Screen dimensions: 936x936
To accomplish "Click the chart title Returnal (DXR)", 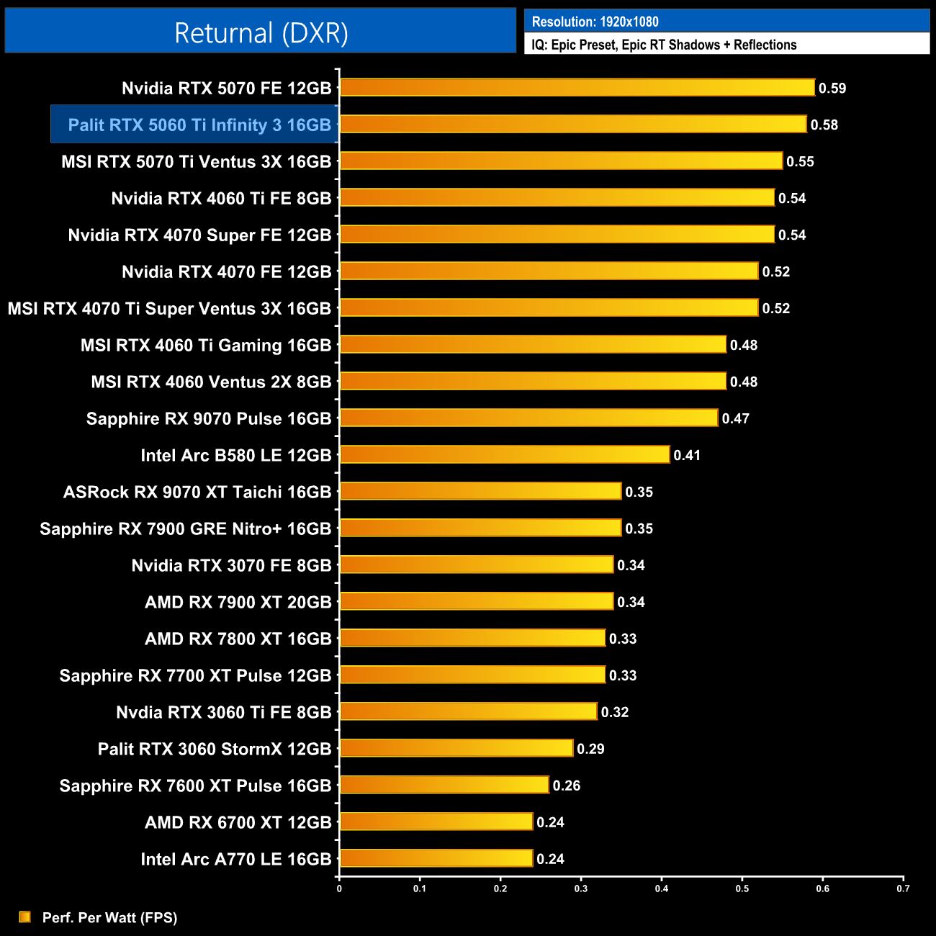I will pos(261,33).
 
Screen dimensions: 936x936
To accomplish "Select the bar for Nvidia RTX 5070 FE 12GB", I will pos(577,88).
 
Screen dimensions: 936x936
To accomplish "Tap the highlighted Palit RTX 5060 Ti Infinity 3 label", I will pos(199,125).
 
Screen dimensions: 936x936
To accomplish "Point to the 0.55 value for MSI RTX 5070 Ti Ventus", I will pos(800,162).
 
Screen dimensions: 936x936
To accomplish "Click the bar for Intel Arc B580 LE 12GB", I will pos(504,455).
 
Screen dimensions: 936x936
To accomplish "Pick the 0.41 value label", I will pos(687,456).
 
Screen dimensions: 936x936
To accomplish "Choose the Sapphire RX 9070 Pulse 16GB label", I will pos(209,419).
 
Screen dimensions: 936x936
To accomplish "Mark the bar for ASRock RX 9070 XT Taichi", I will pos(480,492).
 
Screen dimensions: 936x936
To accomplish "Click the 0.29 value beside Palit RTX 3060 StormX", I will pos(590,750).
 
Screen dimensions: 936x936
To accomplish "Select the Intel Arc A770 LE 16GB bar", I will pos(436,858).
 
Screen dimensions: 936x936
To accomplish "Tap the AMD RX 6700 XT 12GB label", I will pos(238,823).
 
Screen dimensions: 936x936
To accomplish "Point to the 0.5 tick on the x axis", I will pos(742,888).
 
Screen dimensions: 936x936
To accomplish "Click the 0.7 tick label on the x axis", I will pos(903,888).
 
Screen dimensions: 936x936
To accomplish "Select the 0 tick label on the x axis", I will pos(339,888).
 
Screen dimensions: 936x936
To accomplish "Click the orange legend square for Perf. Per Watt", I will pos(25,917).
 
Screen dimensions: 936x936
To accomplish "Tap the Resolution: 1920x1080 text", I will pos(595,22).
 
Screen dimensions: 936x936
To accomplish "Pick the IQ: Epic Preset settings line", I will pos(664,45).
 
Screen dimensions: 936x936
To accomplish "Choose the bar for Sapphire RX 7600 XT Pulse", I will pos(444,785).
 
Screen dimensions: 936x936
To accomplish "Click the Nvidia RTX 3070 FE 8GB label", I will pos(231,566).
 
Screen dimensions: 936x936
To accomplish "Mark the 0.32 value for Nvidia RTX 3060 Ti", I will pos(615,713).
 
